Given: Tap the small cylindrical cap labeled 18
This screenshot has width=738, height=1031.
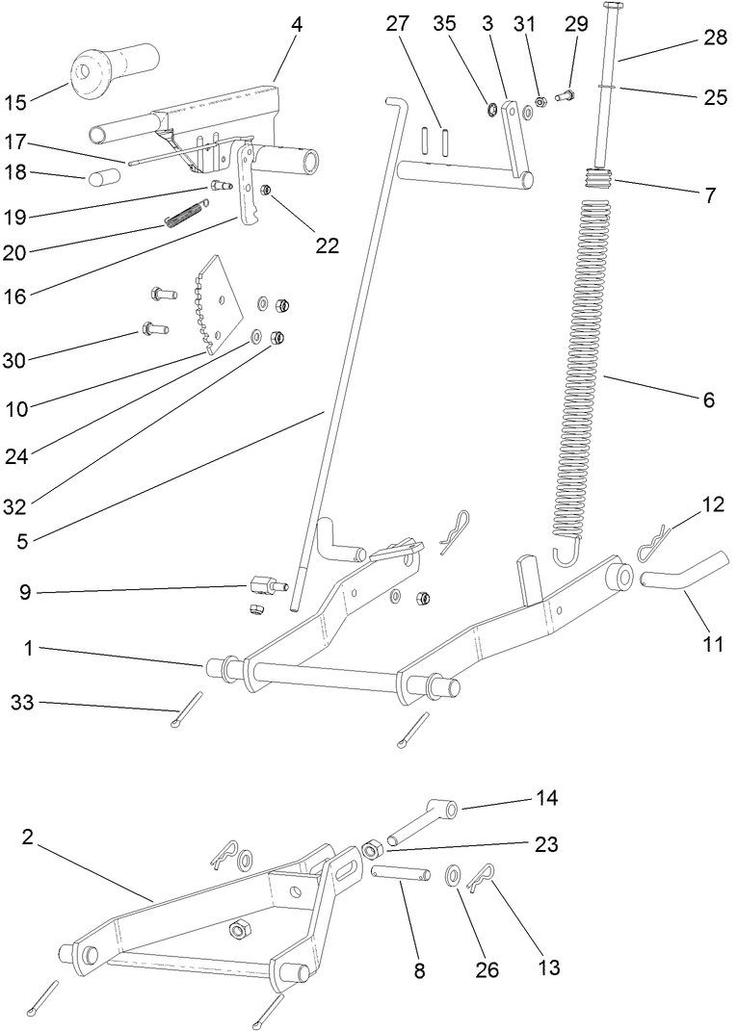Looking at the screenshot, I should [x=105, y=178].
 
